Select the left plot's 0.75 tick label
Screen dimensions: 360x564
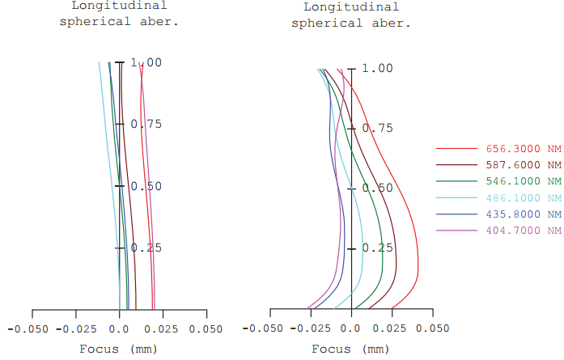tap(146, 125)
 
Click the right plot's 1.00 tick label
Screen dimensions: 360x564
tap(377, 69)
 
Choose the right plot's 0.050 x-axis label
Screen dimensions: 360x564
tap(436, 330)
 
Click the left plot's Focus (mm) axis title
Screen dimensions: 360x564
tap(118, 349)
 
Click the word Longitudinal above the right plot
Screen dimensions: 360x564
tap(350, 7)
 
